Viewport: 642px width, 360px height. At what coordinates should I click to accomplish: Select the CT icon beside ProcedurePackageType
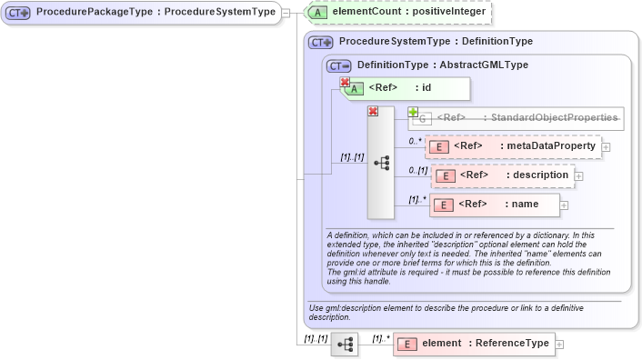pyautogui.click(x=18, y=13)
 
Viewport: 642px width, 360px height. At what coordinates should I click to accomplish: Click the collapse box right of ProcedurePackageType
pyautogui.click(x=286, y=13)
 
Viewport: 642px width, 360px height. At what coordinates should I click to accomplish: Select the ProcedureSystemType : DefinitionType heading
pyautogui.click(x=435, y=42)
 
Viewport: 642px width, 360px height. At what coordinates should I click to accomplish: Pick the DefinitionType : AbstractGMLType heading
pyautogui.click(x=442, y=65)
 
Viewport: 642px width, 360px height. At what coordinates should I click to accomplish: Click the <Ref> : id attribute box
pyautogui.click(x=406, y=88)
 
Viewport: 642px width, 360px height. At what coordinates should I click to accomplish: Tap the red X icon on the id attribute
pyautogui.click(x=346, y=83)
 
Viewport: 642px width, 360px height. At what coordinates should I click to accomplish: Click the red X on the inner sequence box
pyautogui.click(x=372, y=111)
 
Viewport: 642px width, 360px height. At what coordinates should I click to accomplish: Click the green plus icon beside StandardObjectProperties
pyautogui.click(x=414, y=112)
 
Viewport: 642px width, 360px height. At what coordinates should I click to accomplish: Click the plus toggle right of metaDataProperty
pyautogui.click(x=606, y=146)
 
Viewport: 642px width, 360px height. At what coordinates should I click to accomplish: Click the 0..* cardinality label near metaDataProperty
pyautogui.click(x=415, y=141)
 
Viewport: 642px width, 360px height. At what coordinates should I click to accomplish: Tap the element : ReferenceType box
pyautogui.click(x=473, y=344)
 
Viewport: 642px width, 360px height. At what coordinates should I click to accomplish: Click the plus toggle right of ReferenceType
pyautogui.click(x=559, y=344)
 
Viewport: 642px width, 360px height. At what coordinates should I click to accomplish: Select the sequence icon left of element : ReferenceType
pyautogui.click(x=346, y=345)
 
